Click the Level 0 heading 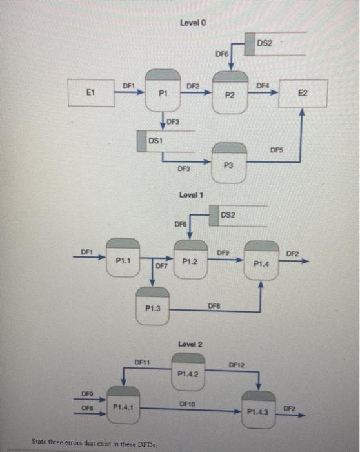pos(193,23)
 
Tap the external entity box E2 pos(303,93)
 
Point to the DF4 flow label pos(262,85)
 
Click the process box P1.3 pos(152,307)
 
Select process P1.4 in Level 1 pos(261,262)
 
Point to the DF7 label pos(161,265)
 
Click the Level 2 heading pos(191,344)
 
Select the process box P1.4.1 pos(123,406)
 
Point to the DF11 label pos(142,362)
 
